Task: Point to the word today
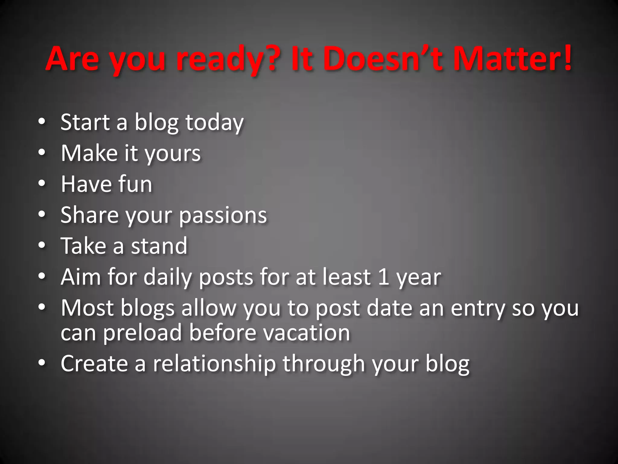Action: tap(214, 123)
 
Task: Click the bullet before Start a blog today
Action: tap(42, 121)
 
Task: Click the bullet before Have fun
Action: tap(42, 183)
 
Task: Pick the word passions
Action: tap(223, 216)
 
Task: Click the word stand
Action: tap(159, 246)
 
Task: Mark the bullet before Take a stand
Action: tap(42, 245)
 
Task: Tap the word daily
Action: tap(167, 277)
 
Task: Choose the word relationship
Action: tap(214, 364)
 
